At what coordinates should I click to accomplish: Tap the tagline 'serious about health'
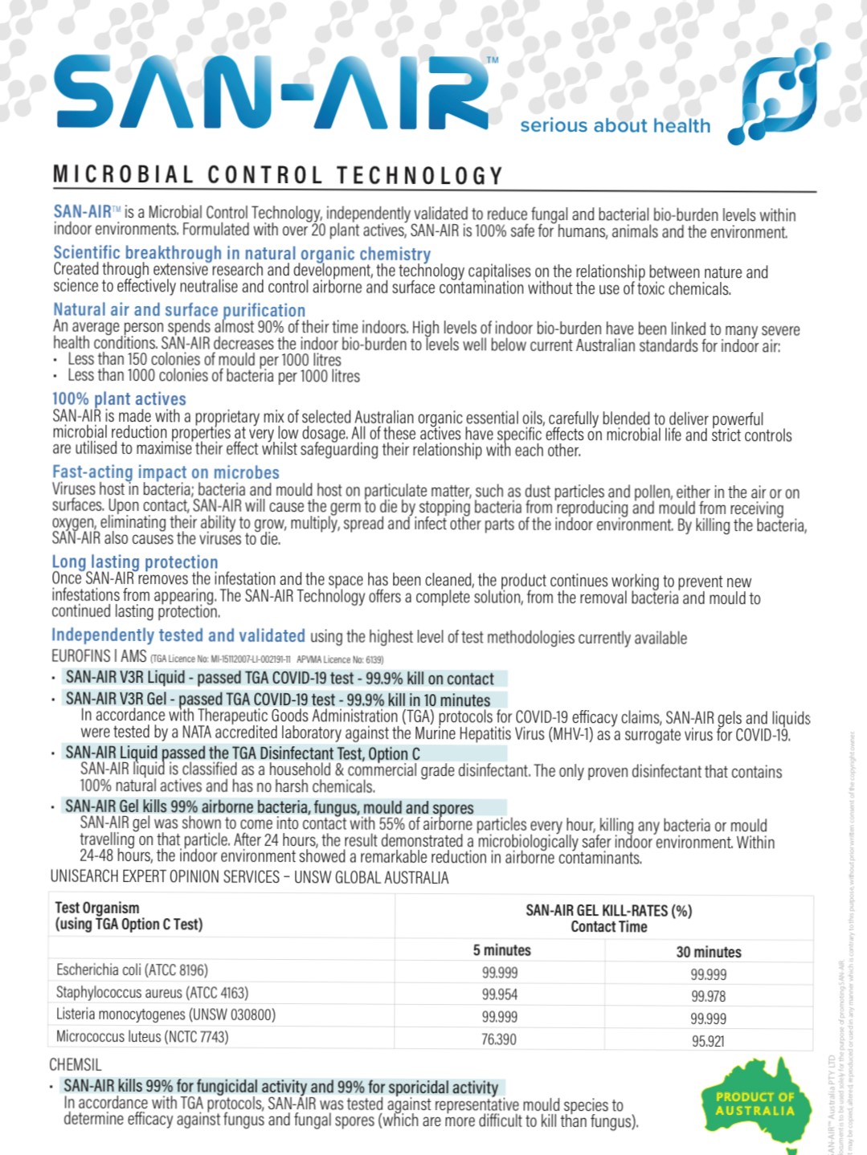[615, 126]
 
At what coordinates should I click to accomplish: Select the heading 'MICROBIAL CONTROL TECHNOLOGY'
[278, 175]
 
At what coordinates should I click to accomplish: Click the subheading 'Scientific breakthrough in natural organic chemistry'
[242, 253]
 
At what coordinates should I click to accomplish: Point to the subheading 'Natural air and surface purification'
[179, 310]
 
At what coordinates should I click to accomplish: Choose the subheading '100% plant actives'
[119, 399]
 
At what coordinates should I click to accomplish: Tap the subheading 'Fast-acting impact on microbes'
[166, 472]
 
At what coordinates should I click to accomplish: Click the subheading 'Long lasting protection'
[135, 562]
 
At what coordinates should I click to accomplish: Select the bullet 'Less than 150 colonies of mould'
[204, 360]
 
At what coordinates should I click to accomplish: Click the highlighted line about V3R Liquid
[280, 678]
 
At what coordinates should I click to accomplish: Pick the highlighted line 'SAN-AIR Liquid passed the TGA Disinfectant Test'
[243, 753]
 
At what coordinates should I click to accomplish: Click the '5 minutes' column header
[501, 950]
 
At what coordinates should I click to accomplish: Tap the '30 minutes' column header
[708, 952]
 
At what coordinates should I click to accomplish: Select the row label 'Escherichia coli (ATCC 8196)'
[132, 970]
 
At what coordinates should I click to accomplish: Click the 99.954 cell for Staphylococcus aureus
[500, 994]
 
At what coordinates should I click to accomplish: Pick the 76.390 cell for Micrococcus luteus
[499, 1039]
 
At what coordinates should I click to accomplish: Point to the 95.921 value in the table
[708, 1041]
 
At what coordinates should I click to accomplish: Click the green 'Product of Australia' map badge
[755, 1102]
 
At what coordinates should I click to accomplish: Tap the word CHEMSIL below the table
[76, 1065]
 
